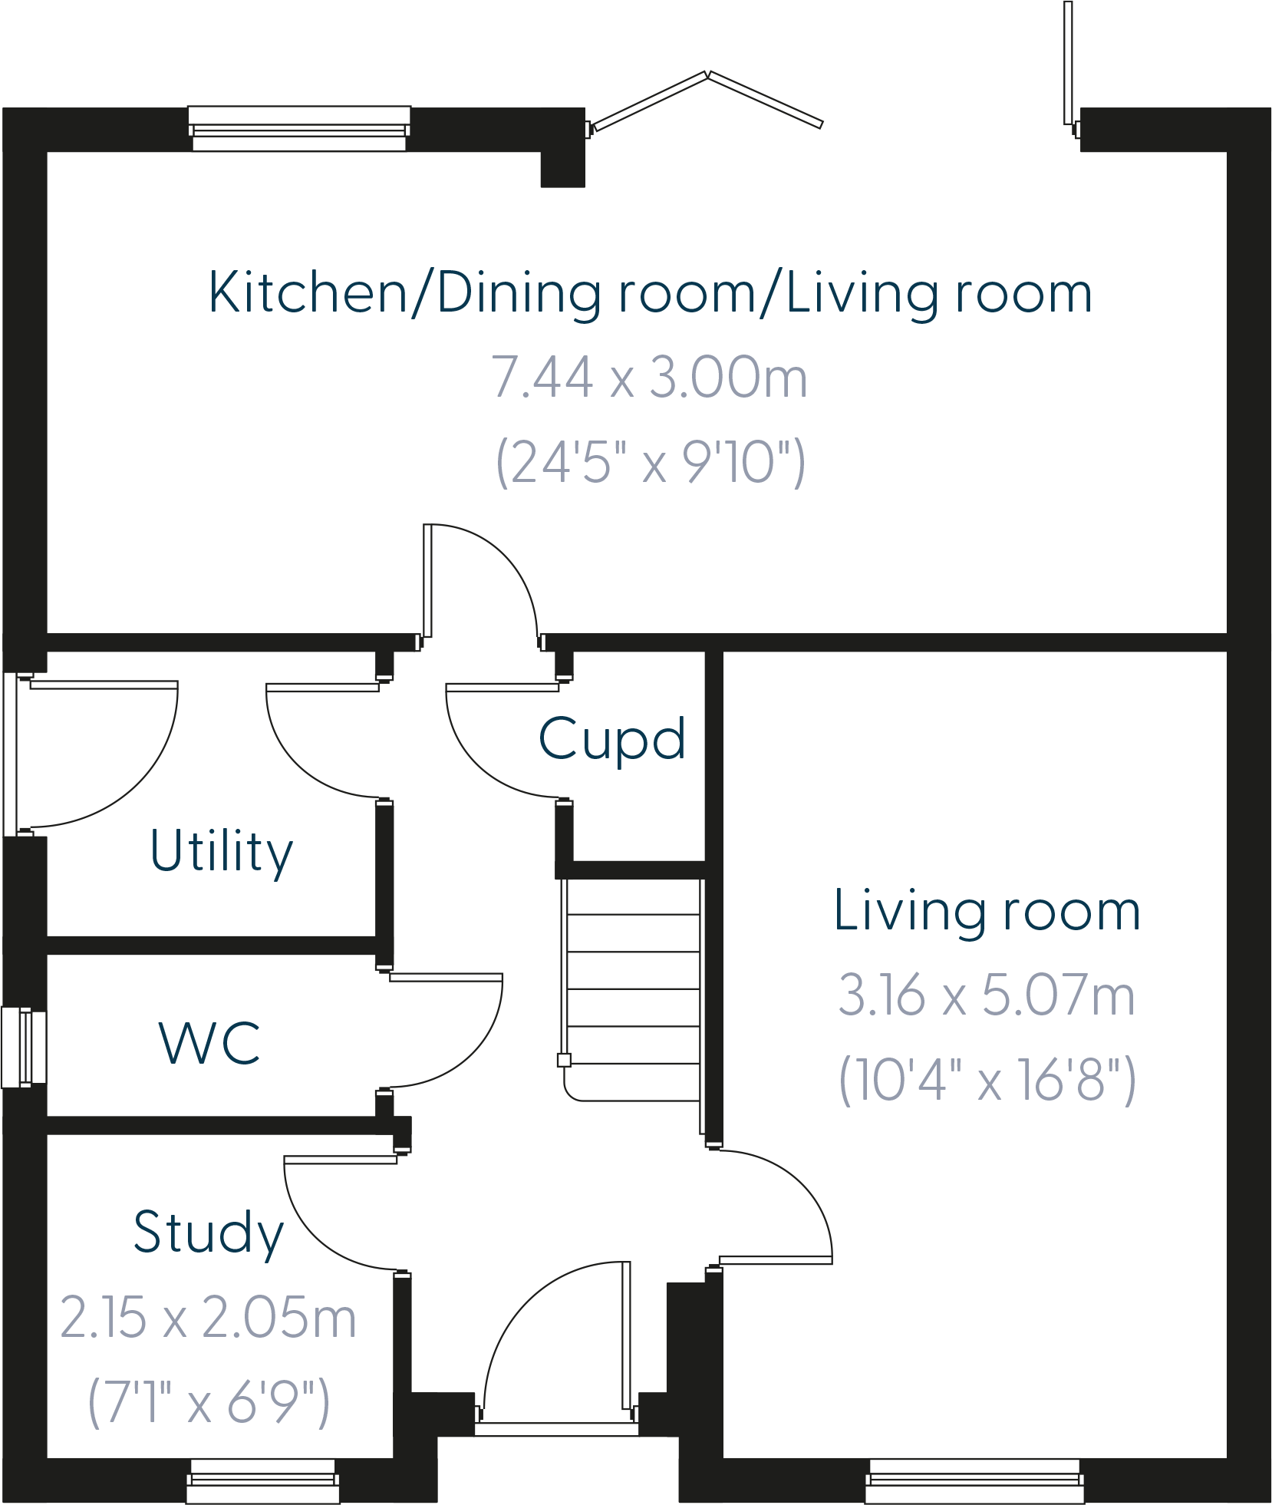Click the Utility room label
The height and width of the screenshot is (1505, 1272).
(x=221, y=851)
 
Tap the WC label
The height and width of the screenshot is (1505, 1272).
(x=209, y=1043)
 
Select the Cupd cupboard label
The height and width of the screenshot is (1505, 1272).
(x=611, y=739)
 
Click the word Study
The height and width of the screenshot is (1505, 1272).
(x=209, y=1233)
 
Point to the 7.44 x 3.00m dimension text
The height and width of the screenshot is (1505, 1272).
(x=649, y=378)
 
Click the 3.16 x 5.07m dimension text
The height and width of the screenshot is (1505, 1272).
(x=987, y=995)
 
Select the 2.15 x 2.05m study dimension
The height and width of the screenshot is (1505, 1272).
(x=209, y=1318)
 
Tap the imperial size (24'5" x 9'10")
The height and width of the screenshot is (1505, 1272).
(x=651, y=463)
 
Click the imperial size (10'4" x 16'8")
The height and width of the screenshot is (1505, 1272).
(x=987, y=1080)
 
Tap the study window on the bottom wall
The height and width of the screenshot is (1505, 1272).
(x=263, y=1480)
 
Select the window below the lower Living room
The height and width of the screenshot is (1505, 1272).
(x=974, y=1480)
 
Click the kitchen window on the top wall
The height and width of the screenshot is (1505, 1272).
(x=299, y=128)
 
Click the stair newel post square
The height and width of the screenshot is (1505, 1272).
(x=564, y=1061)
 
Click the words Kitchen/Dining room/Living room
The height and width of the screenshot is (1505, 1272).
(x=650, y=293)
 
